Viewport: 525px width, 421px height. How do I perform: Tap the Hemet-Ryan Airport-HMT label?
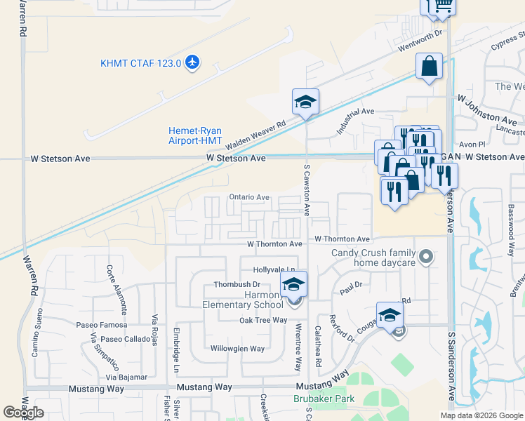pyautogui.click(x=195, y=135)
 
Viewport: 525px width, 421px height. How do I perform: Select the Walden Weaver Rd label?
pyautogui.click(x=255, y=131)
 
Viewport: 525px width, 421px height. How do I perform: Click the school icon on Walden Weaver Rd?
pyautogui.click(x=306, y=102)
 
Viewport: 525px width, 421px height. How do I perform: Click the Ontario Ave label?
pyautogui.click(x=249, y=198)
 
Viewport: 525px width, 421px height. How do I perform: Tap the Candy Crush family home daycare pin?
pyautogui.click(x=424, y=258)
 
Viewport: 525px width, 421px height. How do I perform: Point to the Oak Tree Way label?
pyautogui.click(x=263, y=320)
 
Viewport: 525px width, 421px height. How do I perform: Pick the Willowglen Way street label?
pyautogui.click(x=237, y=349)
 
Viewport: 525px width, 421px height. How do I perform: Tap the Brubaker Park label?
pyautogui.click(x=324, y=399)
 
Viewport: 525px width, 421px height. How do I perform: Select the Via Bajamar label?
pyautogui.click(x=125, y=377)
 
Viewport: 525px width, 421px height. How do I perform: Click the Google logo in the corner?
pyautogui.click(x=23, y=413)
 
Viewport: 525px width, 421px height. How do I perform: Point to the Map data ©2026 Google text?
pyautogui.click(x=482, y=415)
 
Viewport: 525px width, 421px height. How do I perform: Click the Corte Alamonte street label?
pyautogui.click(x=117, y=288)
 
